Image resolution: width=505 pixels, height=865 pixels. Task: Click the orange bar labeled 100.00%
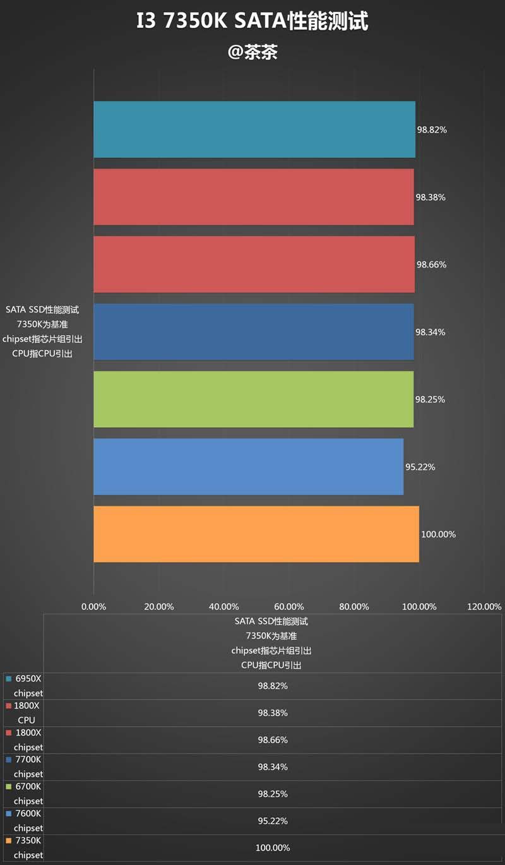[256, 534]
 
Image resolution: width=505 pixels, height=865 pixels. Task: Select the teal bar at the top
[254, 129]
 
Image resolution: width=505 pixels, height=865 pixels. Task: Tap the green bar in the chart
[253, 399]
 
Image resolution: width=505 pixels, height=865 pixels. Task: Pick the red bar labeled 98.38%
[253, 197]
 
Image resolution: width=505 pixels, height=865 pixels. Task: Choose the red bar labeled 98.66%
[254, 265]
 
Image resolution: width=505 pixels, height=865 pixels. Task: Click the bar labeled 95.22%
[248, 467]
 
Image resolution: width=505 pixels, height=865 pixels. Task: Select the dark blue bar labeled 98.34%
[253, 332]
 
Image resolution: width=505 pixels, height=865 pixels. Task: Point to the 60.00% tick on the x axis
[289, 607]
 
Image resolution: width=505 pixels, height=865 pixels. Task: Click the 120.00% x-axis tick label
[484, 607]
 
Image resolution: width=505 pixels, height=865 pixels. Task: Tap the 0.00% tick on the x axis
[94, 607]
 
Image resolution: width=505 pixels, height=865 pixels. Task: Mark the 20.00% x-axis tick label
[159, 607]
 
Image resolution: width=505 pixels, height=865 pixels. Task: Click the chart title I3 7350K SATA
[252, 22]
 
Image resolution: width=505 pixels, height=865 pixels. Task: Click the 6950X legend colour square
[8, 679]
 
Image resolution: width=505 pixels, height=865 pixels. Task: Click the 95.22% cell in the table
[273, 821]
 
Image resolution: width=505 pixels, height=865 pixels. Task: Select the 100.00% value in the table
[273, 848]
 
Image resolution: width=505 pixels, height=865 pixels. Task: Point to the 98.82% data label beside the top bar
[432, 130]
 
